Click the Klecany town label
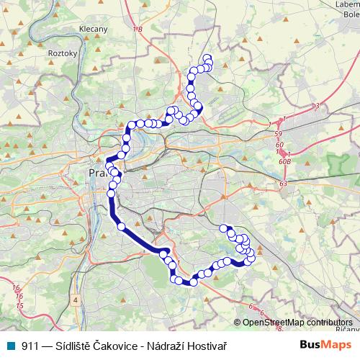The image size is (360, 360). pyautogui.click(x=93, y=30)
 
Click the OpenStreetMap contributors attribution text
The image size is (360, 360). pyautogui.click(x=297, y=322)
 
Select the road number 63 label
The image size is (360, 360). pyautogui.click(x=283, y=184)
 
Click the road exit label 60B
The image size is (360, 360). pyautogui.click(x=285, y=161)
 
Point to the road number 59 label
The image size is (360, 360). pyautogui.click(x=279, y=135)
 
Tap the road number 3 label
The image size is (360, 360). pyautogui.click(x=317, y=107)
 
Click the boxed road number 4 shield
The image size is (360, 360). pyautogui.click(x=75, y=298)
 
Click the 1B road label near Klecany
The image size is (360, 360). pyautogui.click(x=138, y=30)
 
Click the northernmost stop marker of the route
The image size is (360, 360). pyautogui.click(x=207, y=58)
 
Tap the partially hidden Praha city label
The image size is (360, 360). pyautogui.click(x=96, y=174)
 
